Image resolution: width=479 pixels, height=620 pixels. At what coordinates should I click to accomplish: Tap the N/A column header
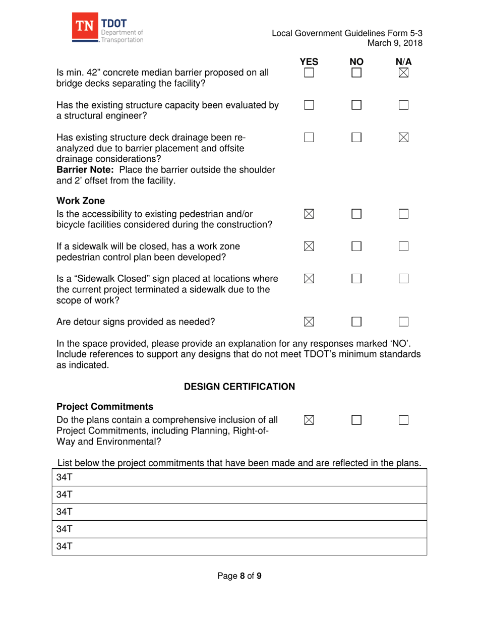pyautogui.click(x=403, y=62)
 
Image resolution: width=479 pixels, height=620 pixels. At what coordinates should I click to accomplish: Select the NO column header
pyautogui.click(x=356, y=62)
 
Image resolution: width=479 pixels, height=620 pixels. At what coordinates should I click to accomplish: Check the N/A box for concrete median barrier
pyautogui.click(x=403, y=74)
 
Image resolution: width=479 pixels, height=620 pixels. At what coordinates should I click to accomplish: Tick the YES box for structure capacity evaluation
pyautogui.click(x=309, y=105)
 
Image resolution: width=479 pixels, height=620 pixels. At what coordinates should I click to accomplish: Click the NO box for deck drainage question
pyautogui.click(x=356, y=138)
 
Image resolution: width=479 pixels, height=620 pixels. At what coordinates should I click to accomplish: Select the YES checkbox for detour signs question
pyautogui.click(x=309, y=322)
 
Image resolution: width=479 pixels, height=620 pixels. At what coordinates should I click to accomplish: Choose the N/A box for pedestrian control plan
pyautogui.click(x=403, y=246)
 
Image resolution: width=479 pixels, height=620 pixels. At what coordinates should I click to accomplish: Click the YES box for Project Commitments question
pyautogui.click(x=309, y=419)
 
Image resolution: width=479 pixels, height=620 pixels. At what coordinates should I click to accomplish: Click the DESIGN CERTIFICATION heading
pyautogui.click(x=239, y=387)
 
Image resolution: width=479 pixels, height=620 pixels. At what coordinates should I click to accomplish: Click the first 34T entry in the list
pyautogui.click(x=63, y=477)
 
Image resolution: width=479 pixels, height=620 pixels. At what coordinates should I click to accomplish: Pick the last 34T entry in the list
pyautogui.click(x=63, y=546)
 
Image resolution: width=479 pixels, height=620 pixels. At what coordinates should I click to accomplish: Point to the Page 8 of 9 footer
pyautogui.click(x=239, y=576)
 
